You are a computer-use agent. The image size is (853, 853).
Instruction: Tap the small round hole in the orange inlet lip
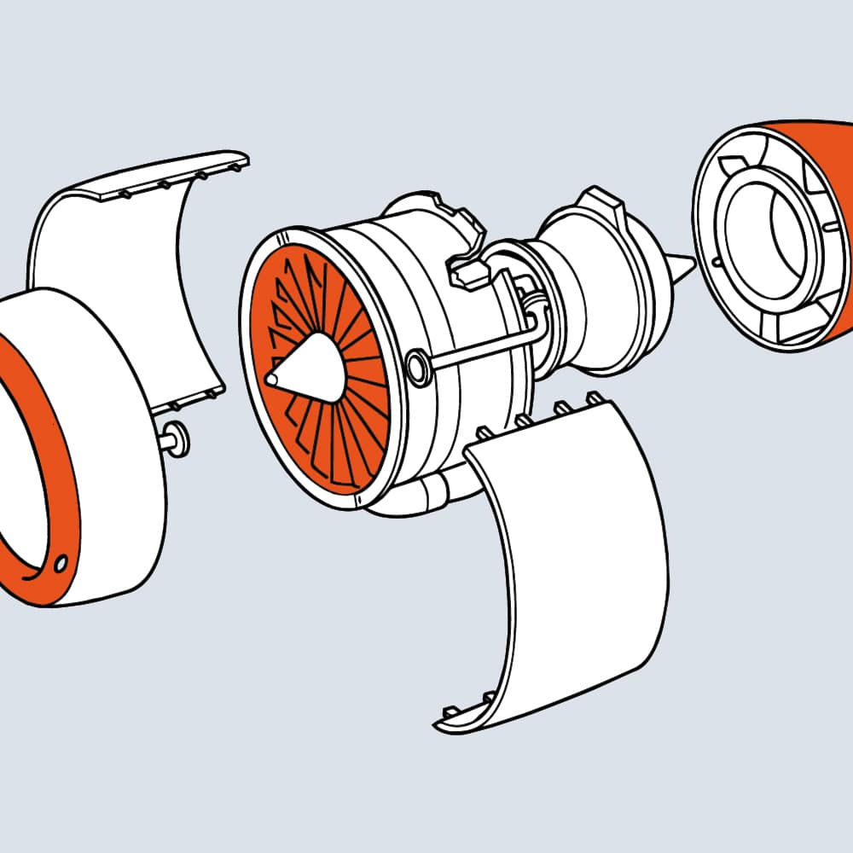[x=60, y=564]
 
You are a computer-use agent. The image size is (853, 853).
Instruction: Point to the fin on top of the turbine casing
[x=611, y=205]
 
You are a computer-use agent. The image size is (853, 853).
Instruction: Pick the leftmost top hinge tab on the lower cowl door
[x=483, y=432]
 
